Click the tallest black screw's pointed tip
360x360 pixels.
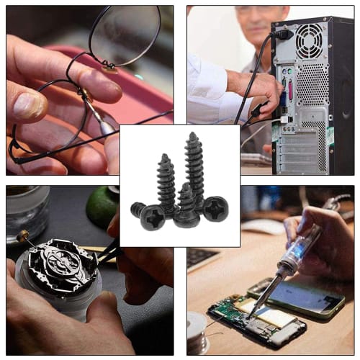point(193,135)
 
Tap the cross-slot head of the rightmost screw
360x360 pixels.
point(214,209)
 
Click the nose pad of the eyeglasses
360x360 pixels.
point(108,68)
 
